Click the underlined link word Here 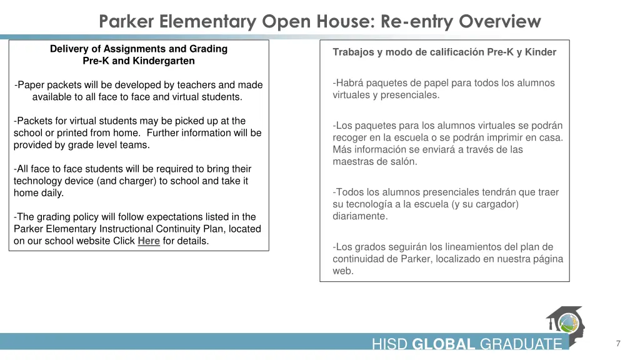click(x=149, y=241)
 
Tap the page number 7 click(x=617, y=344)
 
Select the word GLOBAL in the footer click(x=444, y=344)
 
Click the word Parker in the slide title click(x=127, y=22)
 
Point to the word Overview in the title click(x=499, y=22)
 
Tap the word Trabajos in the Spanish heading click(x=354, y=52)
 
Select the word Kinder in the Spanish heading click(x=541, y=52)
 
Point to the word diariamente click(x=360, y=216)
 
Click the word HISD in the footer click(x=390, y=344)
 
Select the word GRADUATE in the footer click(x=521, y=344)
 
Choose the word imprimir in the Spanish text click(x=506, y=137)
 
